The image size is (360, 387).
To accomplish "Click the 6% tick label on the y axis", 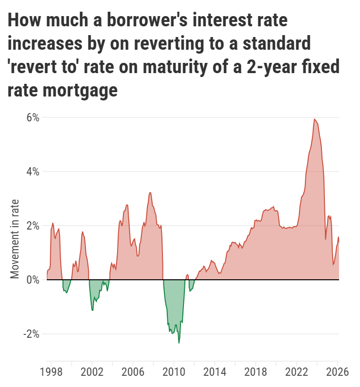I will tap(33, 117).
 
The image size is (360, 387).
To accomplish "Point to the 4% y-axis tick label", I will tap(33, 172).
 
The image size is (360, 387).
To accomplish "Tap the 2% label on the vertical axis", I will tap(33, 226).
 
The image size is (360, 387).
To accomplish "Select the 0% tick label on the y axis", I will tap(33, 280).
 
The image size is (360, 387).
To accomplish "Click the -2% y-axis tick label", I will tap(31, 334).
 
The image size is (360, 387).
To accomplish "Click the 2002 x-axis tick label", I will tap(91, 372).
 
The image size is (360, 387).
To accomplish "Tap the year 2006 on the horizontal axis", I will tap(132, 372).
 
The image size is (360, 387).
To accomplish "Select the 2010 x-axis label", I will tap(173, 372).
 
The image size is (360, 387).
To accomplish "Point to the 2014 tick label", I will tap(214, 372).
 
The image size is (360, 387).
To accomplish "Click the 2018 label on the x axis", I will tap(255, 372).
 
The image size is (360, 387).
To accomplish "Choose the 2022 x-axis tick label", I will tap(296, 372).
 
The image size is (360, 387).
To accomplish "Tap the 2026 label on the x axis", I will tap(337, 372).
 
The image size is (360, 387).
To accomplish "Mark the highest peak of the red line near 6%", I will tap(315, 119).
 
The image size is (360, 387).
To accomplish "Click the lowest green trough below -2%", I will tap(179, 343).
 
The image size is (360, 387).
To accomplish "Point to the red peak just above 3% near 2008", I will tap(150, 193).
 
